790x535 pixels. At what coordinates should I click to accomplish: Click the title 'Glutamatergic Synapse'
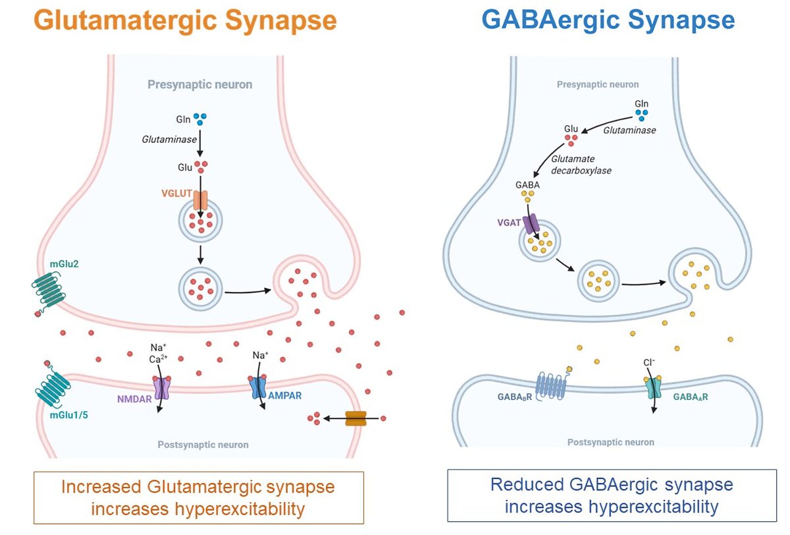pos(185,21)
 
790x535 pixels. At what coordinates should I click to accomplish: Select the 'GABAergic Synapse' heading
pos(608,20)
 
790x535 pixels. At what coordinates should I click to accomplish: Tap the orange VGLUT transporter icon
pos(200,201)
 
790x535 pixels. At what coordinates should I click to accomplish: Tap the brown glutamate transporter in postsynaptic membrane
pos(355,418)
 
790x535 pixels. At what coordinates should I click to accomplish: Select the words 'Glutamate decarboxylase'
pos(582,164)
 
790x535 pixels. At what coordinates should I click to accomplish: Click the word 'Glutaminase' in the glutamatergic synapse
pos(164,139)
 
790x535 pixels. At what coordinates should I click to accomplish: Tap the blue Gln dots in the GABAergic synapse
pos(641,116)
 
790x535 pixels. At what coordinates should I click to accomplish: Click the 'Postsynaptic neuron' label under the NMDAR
pos(203,445)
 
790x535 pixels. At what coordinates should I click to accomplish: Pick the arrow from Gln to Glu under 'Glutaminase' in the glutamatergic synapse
pos(200,141)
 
